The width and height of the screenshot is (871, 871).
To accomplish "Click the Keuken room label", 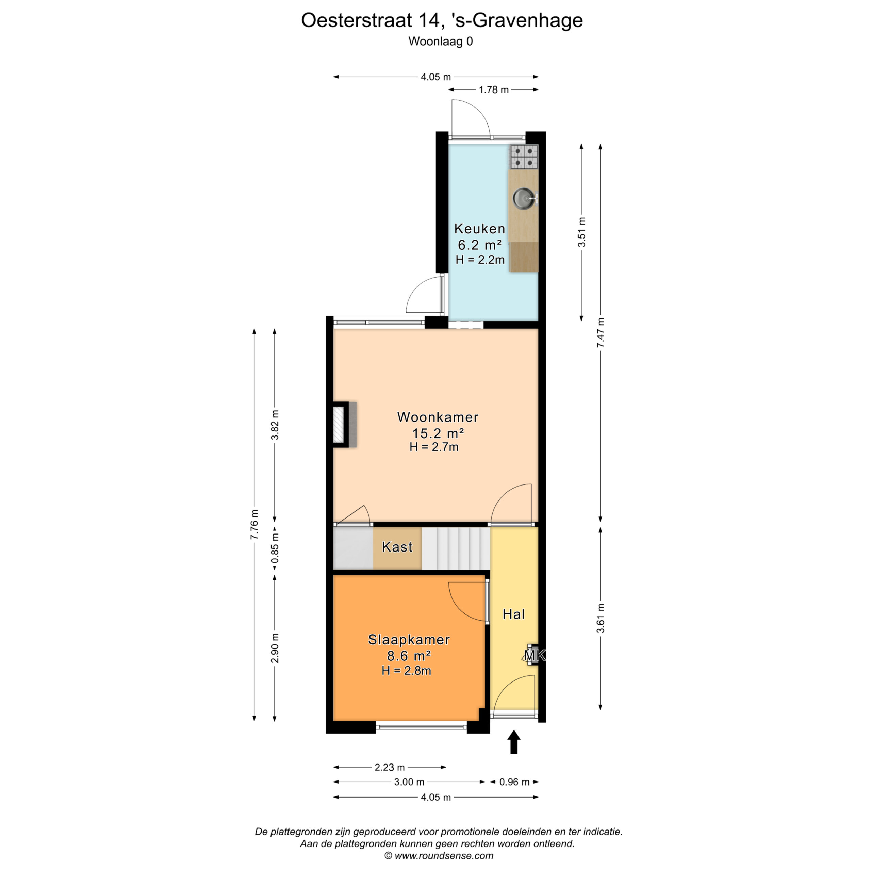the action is pyautogui.click(x=479, y=229).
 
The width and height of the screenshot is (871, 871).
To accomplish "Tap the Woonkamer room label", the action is pyautogui.click(x=438, y=417).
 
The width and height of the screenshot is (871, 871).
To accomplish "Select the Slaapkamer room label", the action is pyautogui.click(x=409, y=640).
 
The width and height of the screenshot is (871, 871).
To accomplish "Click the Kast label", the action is pyautogui.click(x=397, y=547).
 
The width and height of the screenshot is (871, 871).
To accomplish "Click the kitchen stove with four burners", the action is pyautogui.click(x=524, y=157).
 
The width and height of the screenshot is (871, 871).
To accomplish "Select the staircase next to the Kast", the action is pyautogui.click(x=456, y=548).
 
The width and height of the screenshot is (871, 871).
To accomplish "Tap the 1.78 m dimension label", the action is pyautogui.click(x=494, y=90).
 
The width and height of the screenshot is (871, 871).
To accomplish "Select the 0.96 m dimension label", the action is pyautogui.click(x=514, y=782).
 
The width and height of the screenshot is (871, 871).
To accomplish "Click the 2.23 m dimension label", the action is pyautogui.click(x=390, y=767).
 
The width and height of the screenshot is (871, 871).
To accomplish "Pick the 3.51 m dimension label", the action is pyautogui.click(x=581, y=232).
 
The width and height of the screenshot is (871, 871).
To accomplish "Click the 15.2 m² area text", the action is pyautogui.click(x=438, y=433).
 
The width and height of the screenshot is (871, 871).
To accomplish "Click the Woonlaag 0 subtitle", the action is pyautogui.click(x=441, y=42).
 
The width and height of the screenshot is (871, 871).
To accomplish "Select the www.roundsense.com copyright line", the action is pyautogui.click(x=439, y=855).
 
